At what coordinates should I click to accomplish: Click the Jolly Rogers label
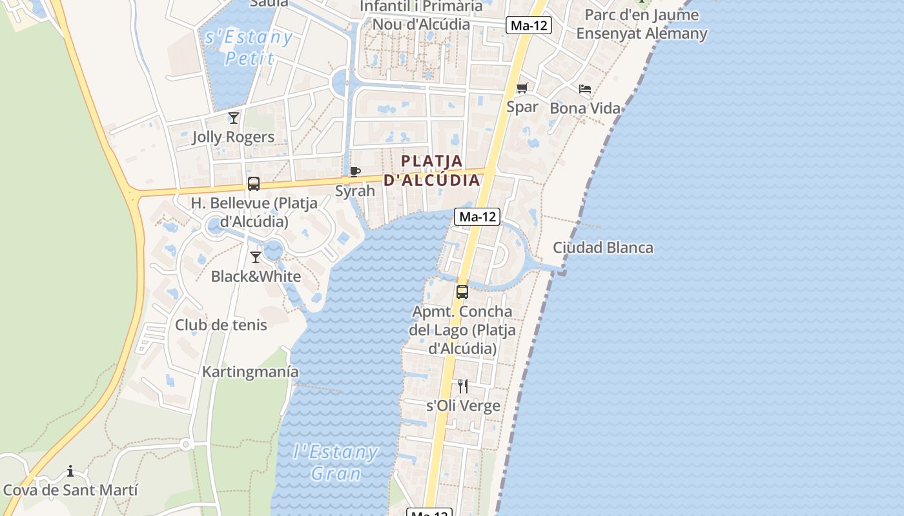tap(233, 137)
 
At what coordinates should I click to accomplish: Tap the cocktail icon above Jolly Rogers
tap(234, 117)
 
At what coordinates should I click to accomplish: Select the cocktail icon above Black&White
tap(256, 257)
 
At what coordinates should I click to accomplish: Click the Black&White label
tap(256, 276)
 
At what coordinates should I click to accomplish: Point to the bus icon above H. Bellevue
tap(254, 184)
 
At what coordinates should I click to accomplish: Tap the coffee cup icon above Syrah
tap(354, 172)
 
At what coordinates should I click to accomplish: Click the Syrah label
tap(354, 191)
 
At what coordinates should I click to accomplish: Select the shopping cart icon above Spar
tap(522, 88)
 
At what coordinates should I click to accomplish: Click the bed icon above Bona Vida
tap(585, 88)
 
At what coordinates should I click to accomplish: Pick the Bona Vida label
tap(585, 108)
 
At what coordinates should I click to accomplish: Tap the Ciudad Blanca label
tap(603, 248)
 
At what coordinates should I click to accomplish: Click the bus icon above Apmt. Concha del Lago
tap(462, 292)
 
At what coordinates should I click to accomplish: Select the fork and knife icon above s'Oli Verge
tap(463, 386)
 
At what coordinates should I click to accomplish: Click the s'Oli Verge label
tap(463, 406)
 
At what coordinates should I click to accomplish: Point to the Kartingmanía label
tap(251, 372)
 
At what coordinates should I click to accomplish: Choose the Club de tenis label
tap(221, 324)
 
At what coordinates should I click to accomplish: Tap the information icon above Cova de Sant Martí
tap(70, 471)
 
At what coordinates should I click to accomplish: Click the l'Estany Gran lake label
tap(336, 462)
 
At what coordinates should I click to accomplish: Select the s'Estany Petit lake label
tap(249, 47)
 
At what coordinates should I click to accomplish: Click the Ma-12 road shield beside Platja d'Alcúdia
tap(477, 217)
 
